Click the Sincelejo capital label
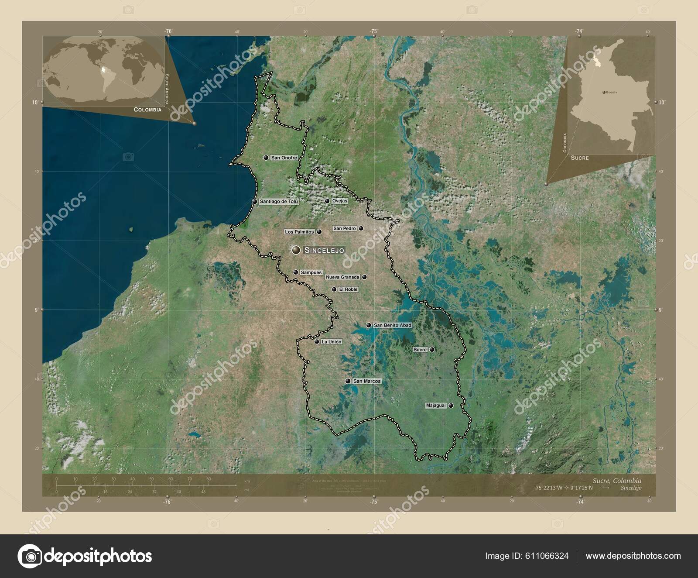(324, 250)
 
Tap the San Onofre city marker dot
(266, 158)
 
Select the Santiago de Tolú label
(279, 202)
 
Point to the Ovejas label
(339, 201)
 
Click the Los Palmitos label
(299, 232)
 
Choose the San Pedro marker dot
(361, 228)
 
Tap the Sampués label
(311, 272)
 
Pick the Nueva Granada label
(342, 277)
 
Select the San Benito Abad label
(393, 325)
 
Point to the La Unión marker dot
(317, 342)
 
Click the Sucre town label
(420, 350)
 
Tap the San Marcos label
(367, 381)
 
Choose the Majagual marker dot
(451, 406)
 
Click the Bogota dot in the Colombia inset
(603, 93)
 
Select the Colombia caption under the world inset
(147, 110)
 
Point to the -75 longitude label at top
(374, 31)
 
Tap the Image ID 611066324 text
(527, 556)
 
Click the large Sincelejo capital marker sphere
(297, 250)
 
